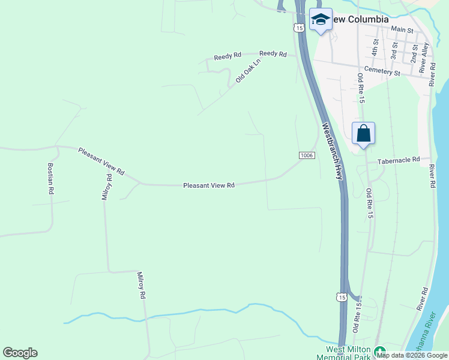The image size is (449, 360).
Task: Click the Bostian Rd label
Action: [x=51, y=178]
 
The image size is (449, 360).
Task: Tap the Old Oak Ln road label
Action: [x=249, y=70]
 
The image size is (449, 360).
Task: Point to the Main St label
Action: [x=402, y=29]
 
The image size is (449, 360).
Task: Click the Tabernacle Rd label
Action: [x=398, y=161]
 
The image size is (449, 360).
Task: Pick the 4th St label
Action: [x=375, y=47]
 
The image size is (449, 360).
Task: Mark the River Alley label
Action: [x=424, y=58]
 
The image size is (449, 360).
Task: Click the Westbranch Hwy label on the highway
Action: [x=332, y=151]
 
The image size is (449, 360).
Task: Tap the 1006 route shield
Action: [x=306, y=155]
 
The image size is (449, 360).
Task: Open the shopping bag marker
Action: [x=364, y=133]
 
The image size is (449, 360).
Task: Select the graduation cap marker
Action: [x=321, y=20]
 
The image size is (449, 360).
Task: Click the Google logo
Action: [x=20, y=353]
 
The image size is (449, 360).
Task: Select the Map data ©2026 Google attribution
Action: [x=412, y=355]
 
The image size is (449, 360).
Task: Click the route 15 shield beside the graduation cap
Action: [x=298, y=28]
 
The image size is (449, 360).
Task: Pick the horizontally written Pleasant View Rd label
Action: [x=208, y=186]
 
